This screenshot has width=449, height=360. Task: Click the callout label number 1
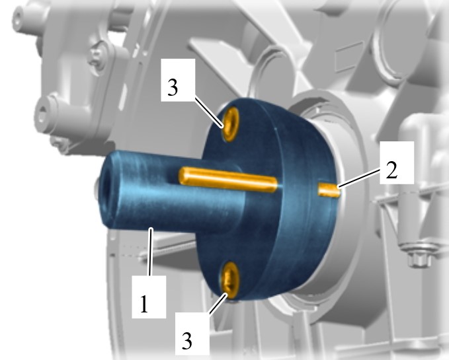tap(144, 304)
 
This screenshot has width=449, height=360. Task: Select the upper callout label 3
tap(173, 87)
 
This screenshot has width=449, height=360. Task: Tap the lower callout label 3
tap(186, 341)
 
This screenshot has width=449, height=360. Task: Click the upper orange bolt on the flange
tap(231, 124)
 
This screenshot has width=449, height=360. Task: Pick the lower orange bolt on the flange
tap(229, 279)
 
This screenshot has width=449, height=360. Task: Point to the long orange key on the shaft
tap(228, 180)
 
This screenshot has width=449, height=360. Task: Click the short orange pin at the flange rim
tap(329, 190)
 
